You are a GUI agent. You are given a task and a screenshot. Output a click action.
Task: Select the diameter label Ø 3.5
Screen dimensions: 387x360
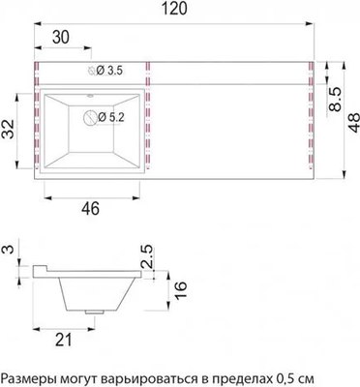(x=107, y=71)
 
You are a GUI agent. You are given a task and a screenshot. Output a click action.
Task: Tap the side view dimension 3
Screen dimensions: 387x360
(x=9, y=252)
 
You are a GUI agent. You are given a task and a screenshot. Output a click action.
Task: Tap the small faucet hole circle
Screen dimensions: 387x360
(x=93, y=71)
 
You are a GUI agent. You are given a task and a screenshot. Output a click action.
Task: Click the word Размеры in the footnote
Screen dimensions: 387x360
(x=31, y=375)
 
